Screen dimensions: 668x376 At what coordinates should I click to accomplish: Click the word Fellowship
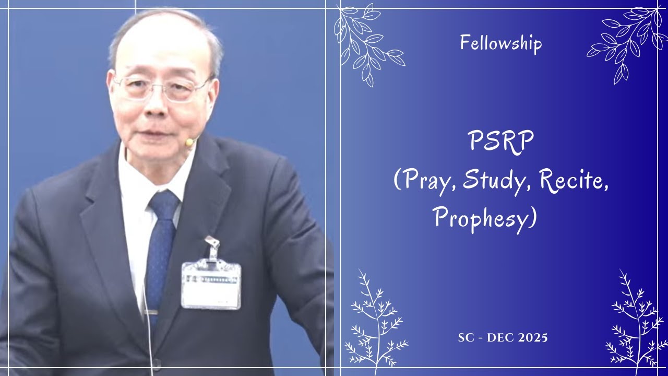click(x=500, y=43)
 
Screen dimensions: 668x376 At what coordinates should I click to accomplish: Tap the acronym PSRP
click(x=500, y=142)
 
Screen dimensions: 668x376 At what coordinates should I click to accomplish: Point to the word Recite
click(x=573, y=181)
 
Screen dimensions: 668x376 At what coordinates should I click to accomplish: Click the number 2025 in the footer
click(x=533, y=338)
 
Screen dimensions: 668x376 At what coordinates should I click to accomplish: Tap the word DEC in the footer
click(x=500, y=338)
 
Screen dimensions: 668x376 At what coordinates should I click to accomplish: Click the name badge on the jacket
click(x=211, y=285)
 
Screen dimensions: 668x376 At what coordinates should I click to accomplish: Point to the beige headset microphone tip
click(x=189, y=143)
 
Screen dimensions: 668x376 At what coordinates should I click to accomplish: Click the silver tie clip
click(x=151, y=312)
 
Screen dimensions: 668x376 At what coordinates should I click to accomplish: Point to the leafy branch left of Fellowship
click(x=368, y=45)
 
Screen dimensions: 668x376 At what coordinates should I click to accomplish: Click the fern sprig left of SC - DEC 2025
click(x=376, y=322)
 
